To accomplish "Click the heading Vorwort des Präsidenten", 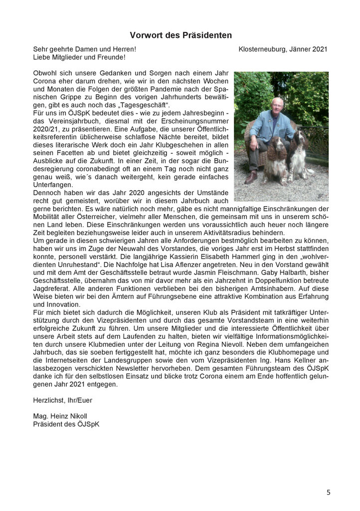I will pos(180,35).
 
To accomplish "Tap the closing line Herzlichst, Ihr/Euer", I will pos(63,400).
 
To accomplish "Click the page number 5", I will pos(329,493).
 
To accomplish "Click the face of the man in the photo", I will pos(278,105).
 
